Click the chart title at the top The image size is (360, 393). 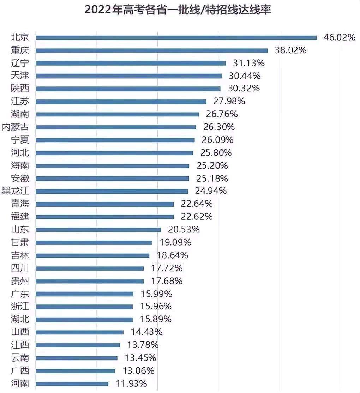[x=178, y=10]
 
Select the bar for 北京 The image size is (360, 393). [x=176, y=37]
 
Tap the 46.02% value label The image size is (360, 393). [x=339, y=37]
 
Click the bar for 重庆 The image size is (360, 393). [x=152, y=50]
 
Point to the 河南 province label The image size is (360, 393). [x=20, y=383]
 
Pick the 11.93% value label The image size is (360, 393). [x=131, y=383]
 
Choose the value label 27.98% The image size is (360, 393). [x=229, y=102]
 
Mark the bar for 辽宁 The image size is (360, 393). [x=131, y=63]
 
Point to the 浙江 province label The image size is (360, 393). [x=20, y=307]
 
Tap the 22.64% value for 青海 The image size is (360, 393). [x=197, y=204]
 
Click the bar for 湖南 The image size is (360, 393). [x=117, y=114]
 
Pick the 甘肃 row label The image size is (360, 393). [x=20, y=242]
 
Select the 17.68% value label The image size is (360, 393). [x=167, y=281]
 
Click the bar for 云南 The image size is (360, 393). [x=77, y=358]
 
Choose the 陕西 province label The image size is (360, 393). [x=20, y=89]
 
